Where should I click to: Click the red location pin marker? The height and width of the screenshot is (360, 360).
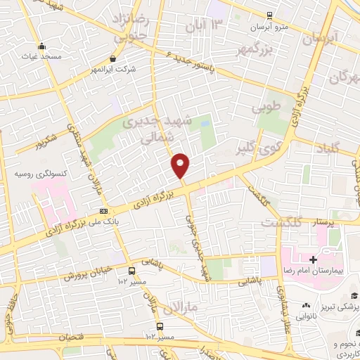click(181, 165)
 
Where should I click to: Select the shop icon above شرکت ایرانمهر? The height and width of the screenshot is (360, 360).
click(113, 59)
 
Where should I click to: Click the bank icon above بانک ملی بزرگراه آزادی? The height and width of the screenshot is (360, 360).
click(103, 211)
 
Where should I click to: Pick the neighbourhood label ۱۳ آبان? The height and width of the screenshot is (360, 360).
click(207, 26)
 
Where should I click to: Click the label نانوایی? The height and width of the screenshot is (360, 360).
click(307, 317)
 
